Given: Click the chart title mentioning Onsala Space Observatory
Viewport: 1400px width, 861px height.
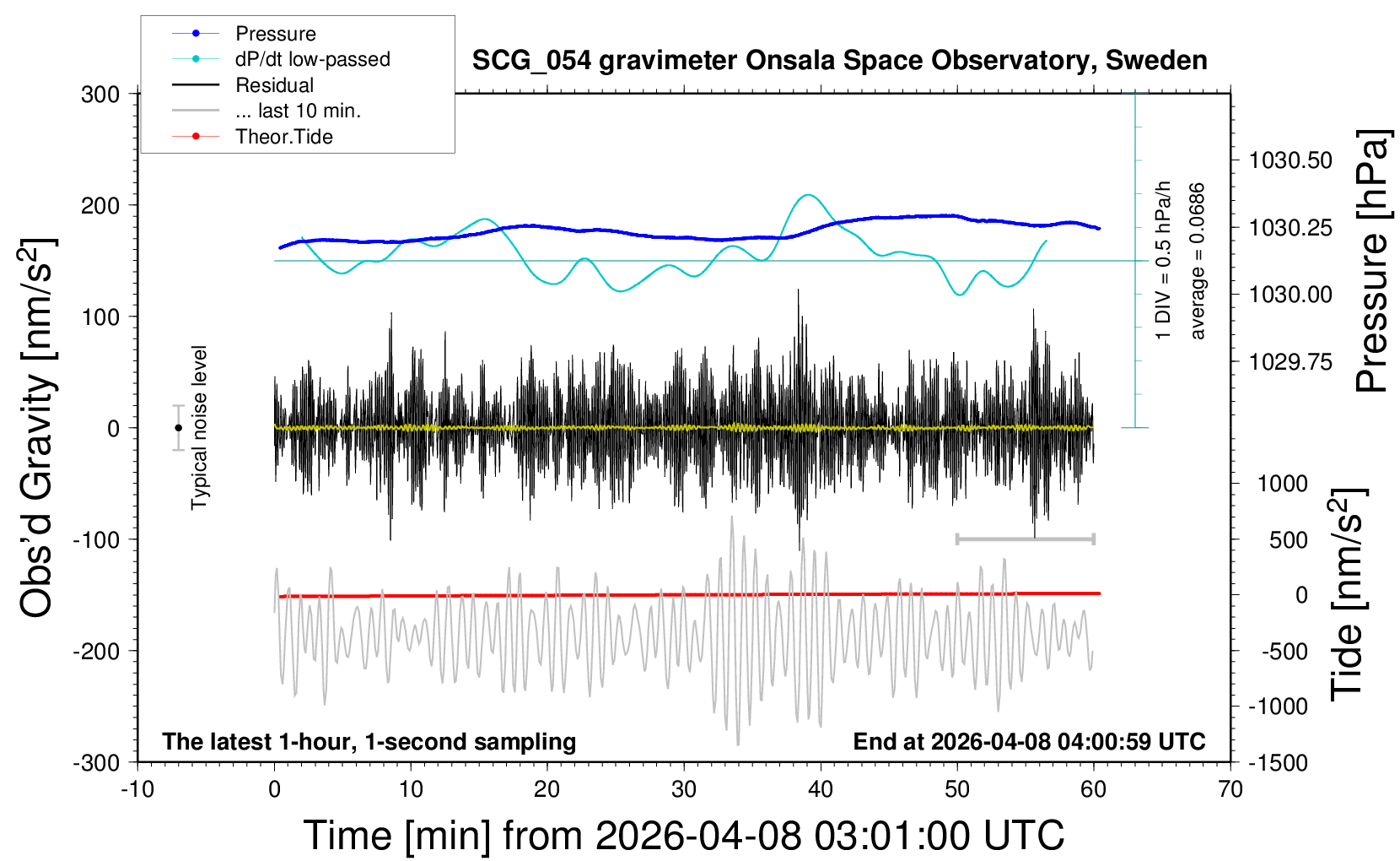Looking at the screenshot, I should pos(839,61).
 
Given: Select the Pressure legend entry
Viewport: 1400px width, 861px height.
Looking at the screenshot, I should pos(275,34).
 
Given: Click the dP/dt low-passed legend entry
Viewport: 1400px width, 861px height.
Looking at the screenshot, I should pos(312,59).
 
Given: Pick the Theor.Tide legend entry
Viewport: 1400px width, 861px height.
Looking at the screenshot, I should pos(283,137).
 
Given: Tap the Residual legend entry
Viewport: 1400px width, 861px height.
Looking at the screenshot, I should pos(274,85).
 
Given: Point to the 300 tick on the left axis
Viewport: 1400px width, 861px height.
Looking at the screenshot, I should pos(100,94).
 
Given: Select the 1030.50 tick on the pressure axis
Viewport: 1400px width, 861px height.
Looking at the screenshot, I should pos(1290,160).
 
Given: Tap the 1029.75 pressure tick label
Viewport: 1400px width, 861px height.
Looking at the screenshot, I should pos(1290,362).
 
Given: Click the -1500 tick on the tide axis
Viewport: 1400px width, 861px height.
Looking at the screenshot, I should pos(1278,762).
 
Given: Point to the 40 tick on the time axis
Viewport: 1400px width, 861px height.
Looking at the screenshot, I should pos(821,790).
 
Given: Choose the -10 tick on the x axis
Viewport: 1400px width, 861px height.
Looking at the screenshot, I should pos(137,790).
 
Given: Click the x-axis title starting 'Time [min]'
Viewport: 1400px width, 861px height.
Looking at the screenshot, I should pos(683,836).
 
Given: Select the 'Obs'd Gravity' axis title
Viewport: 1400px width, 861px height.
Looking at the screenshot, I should pos(37,428).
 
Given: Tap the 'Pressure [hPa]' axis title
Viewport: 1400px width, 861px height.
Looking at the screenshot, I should pos(1371,261).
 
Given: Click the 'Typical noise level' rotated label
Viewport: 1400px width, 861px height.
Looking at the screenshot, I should pos(199,427).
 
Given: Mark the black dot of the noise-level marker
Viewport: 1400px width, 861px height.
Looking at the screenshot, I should pos(178,428).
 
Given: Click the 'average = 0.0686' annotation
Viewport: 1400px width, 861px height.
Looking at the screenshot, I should pos(1197,261).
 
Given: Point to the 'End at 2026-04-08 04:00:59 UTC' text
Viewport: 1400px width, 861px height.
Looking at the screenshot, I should pos(1029,742).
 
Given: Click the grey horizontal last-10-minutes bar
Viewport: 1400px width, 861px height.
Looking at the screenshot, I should pos(1025,539).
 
